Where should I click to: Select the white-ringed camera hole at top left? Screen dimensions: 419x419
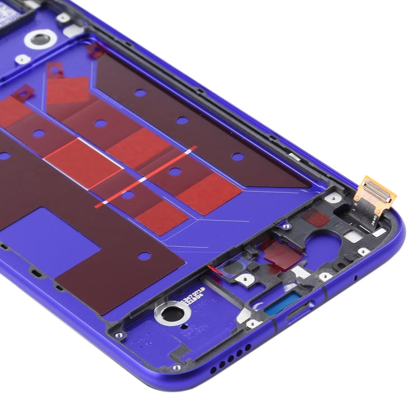point(40,39)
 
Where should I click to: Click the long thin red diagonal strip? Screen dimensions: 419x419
point(145,177)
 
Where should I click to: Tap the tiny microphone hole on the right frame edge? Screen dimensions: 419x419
point(356,278)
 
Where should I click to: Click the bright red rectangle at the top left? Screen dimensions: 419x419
point(67,89)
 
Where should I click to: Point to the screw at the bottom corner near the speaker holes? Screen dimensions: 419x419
point(177,367)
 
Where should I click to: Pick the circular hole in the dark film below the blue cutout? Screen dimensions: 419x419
point(144,256)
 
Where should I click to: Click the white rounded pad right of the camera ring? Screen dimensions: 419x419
point(72,31)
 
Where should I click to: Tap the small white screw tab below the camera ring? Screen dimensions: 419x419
point(22,58)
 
